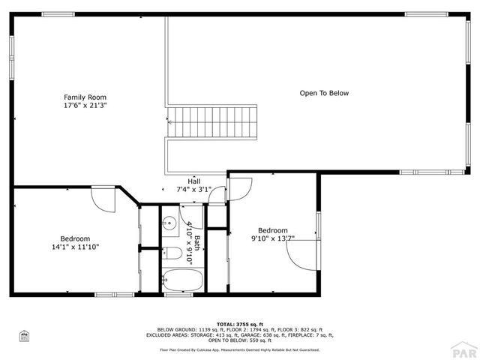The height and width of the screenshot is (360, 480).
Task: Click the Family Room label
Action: tap(85, 97)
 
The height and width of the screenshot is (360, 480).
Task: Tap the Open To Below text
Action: tap(324, 94)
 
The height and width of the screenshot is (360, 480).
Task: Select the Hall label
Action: tap(194, 181)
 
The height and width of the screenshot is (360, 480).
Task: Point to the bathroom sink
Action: tap(170, 223)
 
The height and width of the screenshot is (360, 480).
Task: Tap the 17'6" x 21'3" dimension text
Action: tap(85, 106)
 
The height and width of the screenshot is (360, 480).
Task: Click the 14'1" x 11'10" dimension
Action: tap(75, 247)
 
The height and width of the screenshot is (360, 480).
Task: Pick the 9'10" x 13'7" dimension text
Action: tap(272, 239)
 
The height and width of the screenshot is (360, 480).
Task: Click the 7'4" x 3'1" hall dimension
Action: tap(194, 189)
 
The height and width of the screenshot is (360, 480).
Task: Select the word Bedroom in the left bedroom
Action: tap(75, 238)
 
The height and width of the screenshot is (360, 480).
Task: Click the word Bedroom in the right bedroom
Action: tap(272, 230)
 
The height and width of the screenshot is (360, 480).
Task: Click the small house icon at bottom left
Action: tap(24, 336)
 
